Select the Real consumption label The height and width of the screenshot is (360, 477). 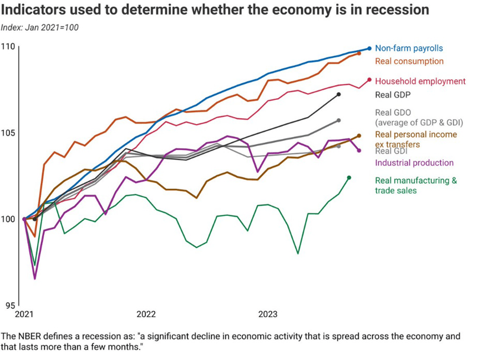tap(409, 61)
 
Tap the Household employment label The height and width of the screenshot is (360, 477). tap(420, 81)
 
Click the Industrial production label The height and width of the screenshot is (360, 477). tap(414, 163)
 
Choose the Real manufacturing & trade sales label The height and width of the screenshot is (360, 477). tap(415, 185)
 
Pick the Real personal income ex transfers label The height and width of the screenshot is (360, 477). tap(416, 139)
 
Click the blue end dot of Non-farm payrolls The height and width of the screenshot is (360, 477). tap(369, 49)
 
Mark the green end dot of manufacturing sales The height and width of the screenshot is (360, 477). tap(349, 178)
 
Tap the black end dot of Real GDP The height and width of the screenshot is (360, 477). tap(338, 94)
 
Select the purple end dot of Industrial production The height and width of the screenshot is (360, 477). tap(359, 150)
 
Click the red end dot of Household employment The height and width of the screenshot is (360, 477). tap(369, 80)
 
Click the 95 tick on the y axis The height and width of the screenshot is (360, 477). tap(11, 305)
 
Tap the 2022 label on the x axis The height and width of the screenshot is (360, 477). tap(146, 315)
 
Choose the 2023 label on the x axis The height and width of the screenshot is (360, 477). tap(268, 315)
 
